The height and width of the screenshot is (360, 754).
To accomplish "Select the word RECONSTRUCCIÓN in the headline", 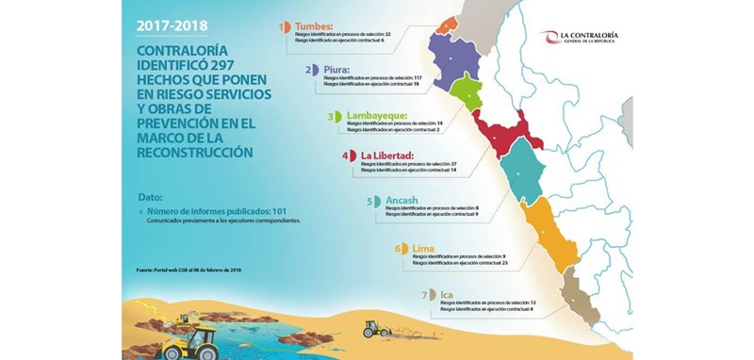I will point(196,151).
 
